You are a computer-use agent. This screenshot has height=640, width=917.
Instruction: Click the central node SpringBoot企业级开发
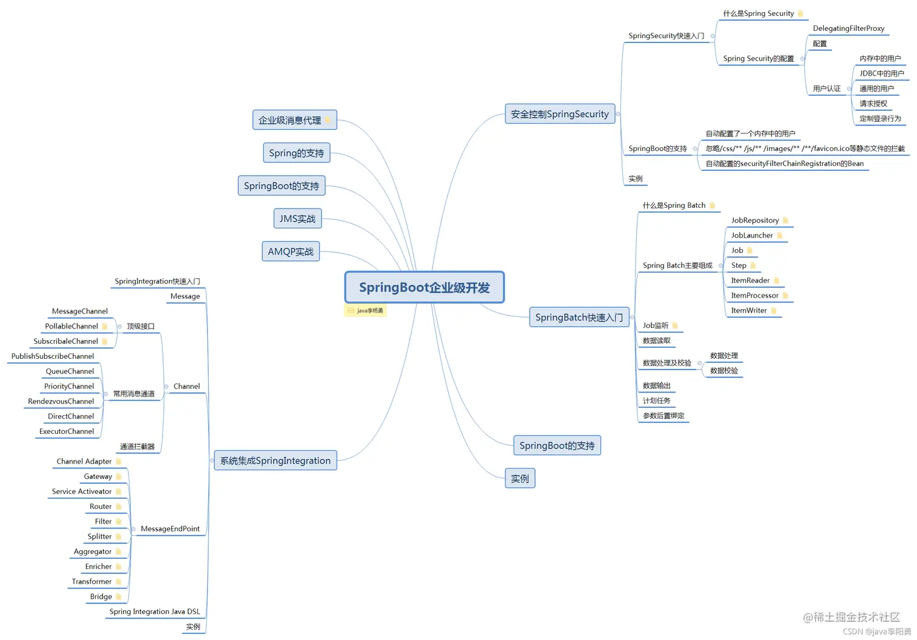pyautogui.click(x=425, y=287)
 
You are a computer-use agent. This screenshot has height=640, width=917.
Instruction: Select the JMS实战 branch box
pyautogui.click(x=297, y=219)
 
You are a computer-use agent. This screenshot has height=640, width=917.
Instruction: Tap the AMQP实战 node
pyautogui.click(x=291, y=252)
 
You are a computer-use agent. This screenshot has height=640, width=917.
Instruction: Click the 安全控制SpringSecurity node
pyautogui.click(x=559, y=114)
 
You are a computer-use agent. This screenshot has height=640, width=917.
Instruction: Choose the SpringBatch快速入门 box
pyautogui.click(x=579, y=317)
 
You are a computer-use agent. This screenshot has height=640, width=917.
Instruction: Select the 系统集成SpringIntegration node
pyautogui.click(x=275, y=461)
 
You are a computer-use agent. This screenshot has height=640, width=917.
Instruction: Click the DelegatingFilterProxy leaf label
pyautogui.click(x=848, y=28)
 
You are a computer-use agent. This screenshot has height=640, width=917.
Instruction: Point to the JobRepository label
pyautogui.click(x=754, y=221)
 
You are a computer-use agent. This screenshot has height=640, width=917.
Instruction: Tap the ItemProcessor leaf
pyautogui.click(x=754, y=296)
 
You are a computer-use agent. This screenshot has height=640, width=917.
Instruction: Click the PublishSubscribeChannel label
pyautogui.click(x=53, y=356)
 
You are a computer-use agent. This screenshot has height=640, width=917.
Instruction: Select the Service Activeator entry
pyautogui.click(x=82, y=492)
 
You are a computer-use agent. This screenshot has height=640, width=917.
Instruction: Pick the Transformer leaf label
pyautogui.click(x=92, y=582)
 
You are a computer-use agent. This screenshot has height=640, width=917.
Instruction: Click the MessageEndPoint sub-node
pyautogui.click(x=170, y=529)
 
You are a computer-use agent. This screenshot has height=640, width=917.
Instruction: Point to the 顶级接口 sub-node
pyautogui.click(x=141, y=327)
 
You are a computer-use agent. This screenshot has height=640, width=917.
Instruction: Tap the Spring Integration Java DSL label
pyautogui.click(x=155, y=612)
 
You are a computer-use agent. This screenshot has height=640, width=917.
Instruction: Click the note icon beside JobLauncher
pyautogui.click(x=780, y=236)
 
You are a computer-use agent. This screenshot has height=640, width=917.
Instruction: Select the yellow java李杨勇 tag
pyautogui.click(x=365, y=311)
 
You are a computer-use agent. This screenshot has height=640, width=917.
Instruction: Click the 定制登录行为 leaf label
pyautogui.click(x=880, y=119)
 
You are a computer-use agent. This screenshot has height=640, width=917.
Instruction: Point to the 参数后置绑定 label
pyautogui.click(x=663, y=416)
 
